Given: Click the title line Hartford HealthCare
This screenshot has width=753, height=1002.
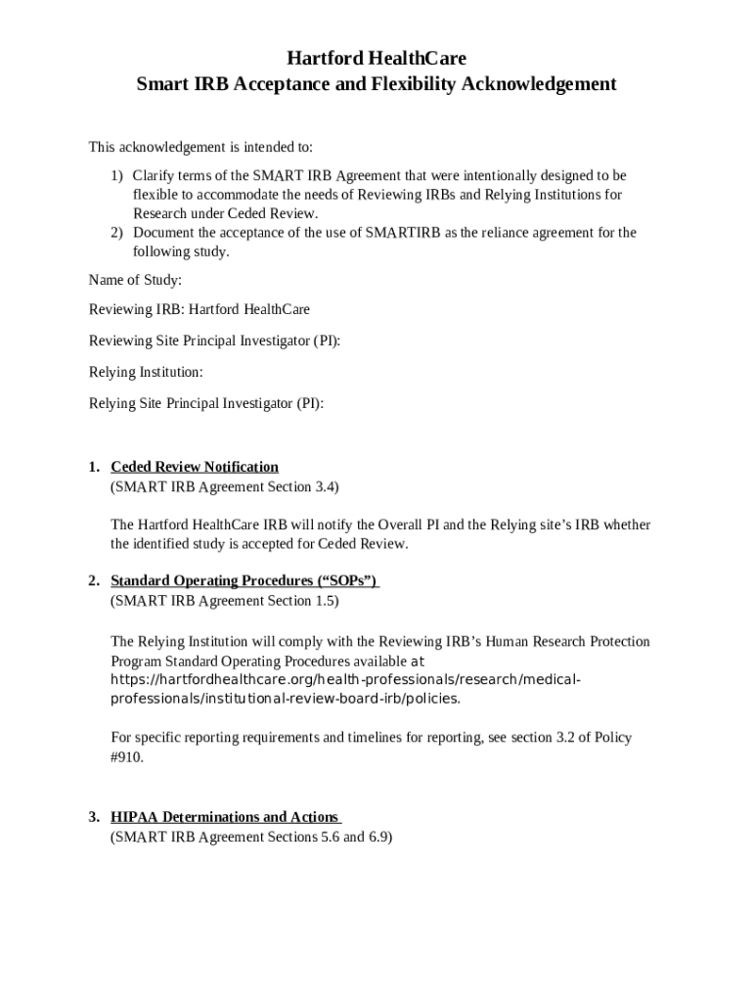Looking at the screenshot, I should point(376,58).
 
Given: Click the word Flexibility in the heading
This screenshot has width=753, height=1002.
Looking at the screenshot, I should point(399,84).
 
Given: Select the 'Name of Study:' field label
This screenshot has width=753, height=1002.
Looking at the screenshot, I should point(135,281).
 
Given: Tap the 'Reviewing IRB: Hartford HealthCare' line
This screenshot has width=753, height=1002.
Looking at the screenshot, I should point(199,310).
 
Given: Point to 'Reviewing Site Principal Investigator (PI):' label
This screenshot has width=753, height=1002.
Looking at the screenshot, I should point(215,342).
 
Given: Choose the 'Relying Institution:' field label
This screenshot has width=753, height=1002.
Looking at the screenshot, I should point(147,373).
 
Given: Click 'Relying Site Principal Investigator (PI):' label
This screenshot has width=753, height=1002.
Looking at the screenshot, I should point(206,403).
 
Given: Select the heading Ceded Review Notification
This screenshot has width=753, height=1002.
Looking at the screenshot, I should point(195,467).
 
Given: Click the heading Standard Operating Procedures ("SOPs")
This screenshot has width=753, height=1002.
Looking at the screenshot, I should point(244,581).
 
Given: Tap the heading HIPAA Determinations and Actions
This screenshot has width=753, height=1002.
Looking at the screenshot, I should point(225,817).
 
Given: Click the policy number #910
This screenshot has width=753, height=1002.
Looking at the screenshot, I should point(127,756).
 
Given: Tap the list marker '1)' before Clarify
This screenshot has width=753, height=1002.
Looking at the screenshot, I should point(116,176).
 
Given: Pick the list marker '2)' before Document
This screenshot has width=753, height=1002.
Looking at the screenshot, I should point(116,233).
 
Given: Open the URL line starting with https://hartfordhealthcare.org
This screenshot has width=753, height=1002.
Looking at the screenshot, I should point(347,680).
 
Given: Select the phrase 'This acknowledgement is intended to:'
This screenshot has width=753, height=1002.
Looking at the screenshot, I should point(201,148).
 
